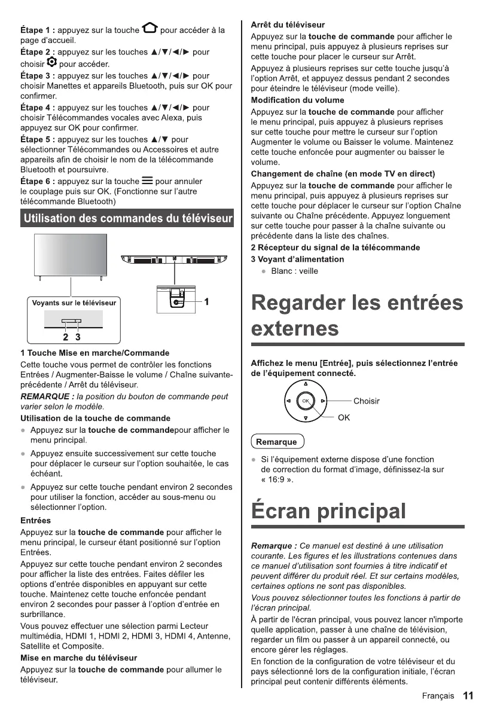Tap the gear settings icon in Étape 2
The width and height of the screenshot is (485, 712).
click(51, 63)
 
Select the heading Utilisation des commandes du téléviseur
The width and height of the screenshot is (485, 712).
click(127, 219)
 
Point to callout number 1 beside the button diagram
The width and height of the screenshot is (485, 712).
click(206, 302)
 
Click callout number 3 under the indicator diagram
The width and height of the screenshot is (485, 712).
click(78, 336)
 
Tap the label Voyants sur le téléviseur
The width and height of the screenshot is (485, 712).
click(74, 302)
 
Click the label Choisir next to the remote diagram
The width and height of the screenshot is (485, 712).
click(367, 401)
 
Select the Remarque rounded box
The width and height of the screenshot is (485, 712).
click(276, 442)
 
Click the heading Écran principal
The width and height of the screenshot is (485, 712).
click(328, 511)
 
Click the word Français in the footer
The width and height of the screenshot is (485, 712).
click(438, 696)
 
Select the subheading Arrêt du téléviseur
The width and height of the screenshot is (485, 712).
click(288, 25)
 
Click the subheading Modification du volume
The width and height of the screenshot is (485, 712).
click(297, 100)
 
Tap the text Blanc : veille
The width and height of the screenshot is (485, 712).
click(294, 271)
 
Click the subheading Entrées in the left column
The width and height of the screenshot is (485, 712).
click(35, 521)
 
